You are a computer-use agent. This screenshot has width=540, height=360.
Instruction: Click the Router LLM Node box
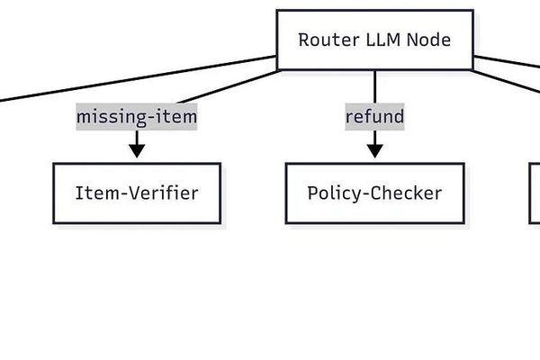(374, 40)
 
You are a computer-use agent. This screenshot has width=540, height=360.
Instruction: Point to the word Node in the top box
(427, 40)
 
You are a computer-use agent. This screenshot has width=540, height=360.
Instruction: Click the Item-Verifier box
(136, 193)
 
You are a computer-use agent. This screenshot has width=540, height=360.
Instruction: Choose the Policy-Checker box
(374, 193)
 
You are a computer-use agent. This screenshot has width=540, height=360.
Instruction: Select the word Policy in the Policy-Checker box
(332, 193)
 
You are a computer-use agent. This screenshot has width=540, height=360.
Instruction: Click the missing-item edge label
(136, 117)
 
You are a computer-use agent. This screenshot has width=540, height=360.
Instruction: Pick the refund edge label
(374, 117)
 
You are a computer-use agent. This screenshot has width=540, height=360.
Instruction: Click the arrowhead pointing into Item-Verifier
(136, 151)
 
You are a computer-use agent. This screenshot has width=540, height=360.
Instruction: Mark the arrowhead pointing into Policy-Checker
(374, 151)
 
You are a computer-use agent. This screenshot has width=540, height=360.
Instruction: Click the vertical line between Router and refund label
(374, 86)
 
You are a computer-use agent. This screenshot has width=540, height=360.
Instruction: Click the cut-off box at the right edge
(535, 193)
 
